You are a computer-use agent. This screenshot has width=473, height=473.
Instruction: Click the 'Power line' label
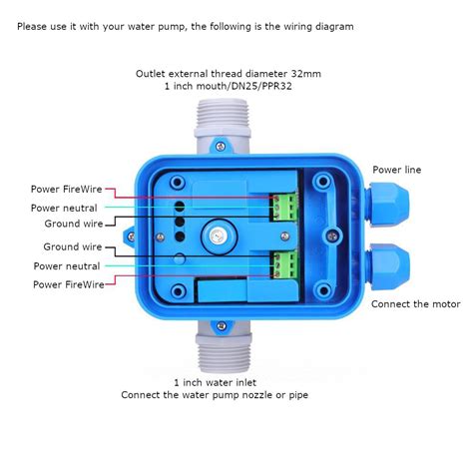coord(396,170)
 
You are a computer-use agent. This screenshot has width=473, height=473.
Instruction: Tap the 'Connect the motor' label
coord(415,303)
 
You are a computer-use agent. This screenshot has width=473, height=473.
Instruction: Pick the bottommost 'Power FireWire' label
coord(68,284)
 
